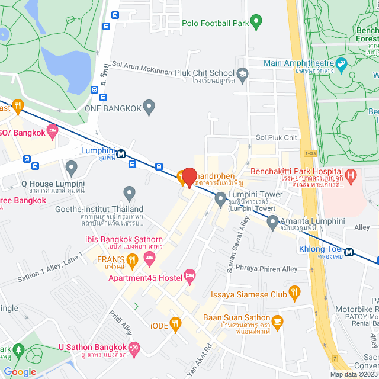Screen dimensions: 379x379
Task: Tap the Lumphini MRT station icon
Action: pos(121,153)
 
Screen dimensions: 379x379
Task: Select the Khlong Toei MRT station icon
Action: pos(349,252)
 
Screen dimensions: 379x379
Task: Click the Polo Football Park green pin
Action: pos(256,22)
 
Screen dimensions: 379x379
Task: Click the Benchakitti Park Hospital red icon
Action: pos(351,175)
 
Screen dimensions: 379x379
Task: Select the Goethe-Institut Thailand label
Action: pos(99,209)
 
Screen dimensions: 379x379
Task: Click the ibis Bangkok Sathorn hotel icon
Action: pos(149,257)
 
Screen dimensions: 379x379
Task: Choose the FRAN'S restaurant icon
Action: pos(133,259)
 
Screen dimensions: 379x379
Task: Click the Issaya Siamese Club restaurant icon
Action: pos(294,292)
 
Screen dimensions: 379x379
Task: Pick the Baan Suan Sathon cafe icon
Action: pos(278,320)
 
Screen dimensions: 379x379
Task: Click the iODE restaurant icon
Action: pos(175,323)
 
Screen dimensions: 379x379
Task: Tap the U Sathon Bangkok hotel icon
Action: pos(135,348)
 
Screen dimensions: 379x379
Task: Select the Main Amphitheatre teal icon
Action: pos(341,63)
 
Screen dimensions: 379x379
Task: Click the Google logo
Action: pos(20,371)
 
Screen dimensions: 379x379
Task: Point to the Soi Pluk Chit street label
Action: pos(276,137)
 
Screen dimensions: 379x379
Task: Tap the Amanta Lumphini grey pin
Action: pos(272,222)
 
